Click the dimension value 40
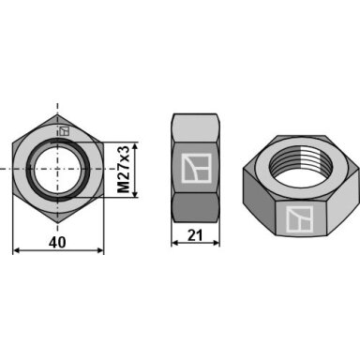(57, 242)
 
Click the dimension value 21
(195, 235)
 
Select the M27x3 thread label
(123, 170)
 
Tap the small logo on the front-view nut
(64, 131)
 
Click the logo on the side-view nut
(196, 168)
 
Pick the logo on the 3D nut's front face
(299, 219)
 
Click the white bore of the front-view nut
(58, 169)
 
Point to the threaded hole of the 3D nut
(300, 162)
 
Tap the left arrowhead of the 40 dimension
(16, 250)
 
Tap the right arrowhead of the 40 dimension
(99, 250)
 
